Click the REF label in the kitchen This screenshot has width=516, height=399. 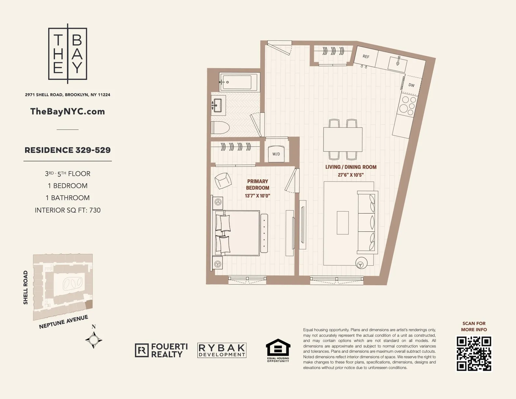point(366,57)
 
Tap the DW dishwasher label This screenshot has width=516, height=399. point(411,85)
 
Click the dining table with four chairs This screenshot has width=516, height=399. point(343,139)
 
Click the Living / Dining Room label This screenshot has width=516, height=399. point(351,167)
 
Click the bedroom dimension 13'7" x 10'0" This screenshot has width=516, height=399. point(257,196)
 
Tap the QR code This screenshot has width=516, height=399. point(474,354)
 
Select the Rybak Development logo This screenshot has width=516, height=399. point(222,350)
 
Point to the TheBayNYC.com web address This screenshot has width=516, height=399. point(67,111)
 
